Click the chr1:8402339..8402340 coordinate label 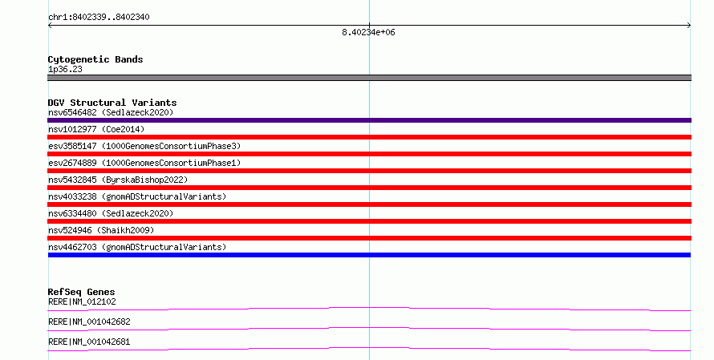pyautogui.click(x=99, y=17)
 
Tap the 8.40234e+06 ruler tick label pyautogui.click(x=368, y=32)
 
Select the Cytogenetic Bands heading pyautogui.click(x=95, y=59)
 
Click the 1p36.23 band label pyautogui.click(x=65, y=69)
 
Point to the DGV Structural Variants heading pyautogui.click(x=112, y=103)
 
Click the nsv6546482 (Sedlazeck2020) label pyautogui.click(x=111, y=112)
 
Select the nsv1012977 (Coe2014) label pyautogui.click(x=96, y=129)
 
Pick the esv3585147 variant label pyautogui.click(x=144, y=146)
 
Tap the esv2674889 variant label pyautogui.click(x=144, y=163)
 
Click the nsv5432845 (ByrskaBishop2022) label pyautogui.click(x=118, y=180)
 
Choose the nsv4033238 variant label pyautogui.click(x=137, y=196)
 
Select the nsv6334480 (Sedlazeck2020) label pyautogui.click(x=111, y=213)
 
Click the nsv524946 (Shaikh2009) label pyautogui.click(x=101, y=230)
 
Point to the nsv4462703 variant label pyautogui.click(x=137, y=247)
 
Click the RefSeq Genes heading pyautogui.click(x=81, y=292)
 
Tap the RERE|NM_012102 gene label pyautogui.click(x=82, y=301)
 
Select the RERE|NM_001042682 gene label pyautogui.click(x=89, y=322)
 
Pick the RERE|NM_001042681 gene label pyautogui.click(x=89, y=342)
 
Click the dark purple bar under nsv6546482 pyautogui.click(x=369, y=120)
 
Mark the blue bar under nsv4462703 pyautogui.click(x=369, y=255)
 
